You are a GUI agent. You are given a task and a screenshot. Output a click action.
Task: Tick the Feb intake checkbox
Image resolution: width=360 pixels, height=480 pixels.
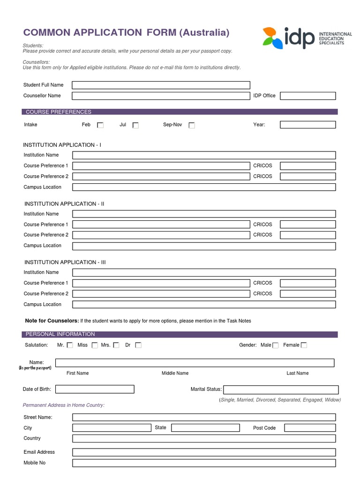click(x=100, y=125)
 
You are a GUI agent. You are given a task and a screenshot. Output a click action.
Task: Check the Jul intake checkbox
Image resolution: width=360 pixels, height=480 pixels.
click(x=135, y=125)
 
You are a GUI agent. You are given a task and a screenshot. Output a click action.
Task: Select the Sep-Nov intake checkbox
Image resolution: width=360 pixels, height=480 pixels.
click(x=192, y=125)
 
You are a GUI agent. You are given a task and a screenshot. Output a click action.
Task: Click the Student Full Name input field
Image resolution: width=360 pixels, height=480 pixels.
click(x=161, y=85)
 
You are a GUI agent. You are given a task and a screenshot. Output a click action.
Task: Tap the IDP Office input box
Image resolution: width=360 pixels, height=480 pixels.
click(x=308, y=96)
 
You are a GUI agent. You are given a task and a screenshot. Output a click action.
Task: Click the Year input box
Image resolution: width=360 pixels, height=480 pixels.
click(x=308, y=125)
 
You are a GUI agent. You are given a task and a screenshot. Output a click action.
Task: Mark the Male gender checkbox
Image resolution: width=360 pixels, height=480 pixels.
click(x=276, y=345)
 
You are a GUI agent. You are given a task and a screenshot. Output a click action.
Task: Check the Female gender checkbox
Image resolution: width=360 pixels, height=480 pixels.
click(x=304, y=345)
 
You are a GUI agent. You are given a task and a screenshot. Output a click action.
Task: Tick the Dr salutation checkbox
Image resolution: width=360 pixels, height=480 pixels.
click(x=138, y=345)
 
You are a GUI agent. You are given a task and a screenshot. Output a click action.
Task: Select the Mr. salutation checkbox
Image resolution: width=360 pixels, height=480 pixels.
click(x=70, y=345)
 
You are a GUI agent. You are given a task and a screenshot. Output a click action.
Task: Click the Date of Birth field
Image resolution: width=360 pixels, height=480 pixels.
click(x=95, y=389)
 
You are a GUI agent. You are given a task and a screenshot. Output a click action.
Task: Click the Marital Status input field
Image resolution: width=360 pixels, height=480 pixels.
click(x=280, y=390)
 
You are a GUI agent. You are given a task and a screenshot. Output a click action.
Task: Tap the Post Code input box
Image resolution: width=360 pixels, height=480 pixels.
click(x=310, y=428)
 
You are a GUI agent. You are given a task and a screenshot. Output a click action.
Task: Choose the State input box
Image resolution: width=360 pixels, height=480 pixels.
click(x=205, y=428)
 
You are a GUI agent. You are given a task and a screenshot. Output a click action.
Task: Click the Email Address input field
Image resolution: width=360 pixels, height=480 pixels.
click(x=204, y=452)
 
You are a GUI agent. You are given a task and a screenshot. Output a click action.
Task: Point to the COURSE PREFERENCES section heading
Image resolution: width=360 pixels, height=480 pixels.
click(x=59, y=112)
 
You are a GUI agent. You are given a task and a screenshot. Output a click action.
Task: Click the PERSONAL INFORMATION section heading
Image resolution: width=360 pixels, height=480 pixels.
click(x=60, y=334)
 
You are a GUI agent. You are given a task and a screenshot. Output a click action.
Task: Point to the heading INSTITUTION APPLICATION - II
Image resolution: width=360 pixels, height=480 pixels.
click(x=65, y=204)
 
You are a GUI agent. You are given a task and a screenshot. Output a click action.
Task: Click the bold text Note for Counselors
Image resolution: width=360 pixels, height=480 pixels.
click(x=52, y=321)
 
